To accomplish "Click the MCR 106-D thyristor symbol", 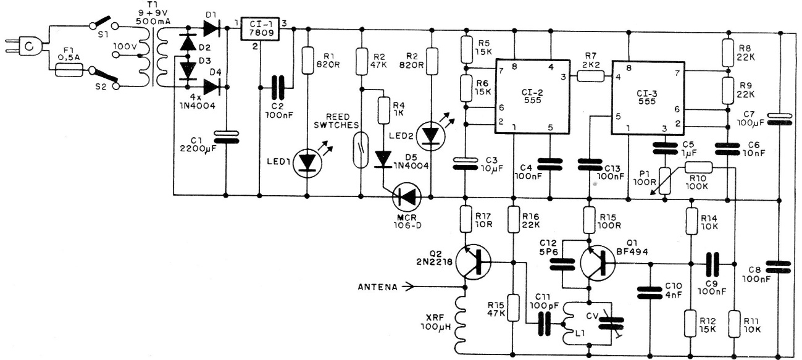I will pos(406,196).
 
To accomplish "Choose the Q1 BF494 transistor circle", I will pos(598,263).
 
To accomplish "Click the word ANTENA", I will pos(378,287).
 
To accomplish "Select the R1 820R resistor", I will pos(307,59).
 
